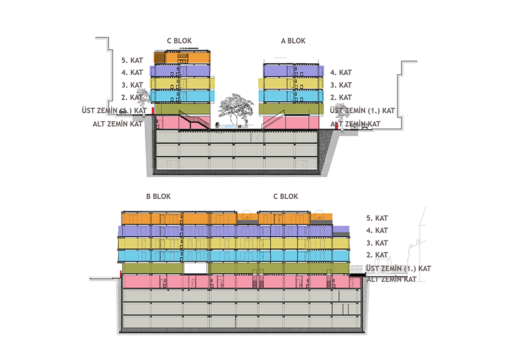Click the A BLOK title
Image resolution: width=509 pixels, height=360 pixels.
[293, 41]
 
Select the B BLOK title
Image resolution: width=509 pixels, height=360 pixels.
[158, 196]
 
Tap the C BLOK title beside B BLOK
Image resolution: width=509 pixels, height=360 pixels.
[286, 196]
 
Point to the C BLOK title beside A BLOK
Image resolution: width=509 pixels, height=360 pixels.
[179, 41]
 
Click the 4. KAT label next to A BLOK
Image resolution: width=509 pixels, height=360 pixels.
[341, 72]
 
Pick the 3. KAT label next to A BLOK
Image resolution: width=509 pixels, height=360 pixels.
[341, 85]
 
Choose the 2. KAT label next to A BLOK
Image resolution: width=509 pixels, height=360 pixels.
[341, 97]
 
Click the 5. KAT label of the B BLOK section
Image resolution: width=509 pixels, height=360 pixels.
[377, 218]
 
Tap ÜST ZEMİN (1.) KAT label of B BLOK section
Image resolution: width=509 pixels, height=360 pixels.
[398, 269]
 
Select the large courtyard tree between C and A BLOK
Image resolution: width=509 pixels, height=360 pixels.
[236, 109]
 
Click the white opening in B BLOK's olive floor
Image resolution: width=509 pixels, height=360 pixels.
[195, 268]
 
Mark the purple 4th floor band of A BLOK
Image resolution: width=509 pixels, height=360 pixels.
[294, 71]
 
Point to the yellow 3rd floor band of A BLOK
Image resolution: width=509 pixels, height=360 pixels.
[291, 83]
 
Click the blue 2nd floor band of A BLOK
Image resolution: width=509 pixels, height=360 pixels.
[291, 96]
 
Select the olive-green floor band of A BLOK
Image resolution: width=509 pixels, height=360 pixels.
[291, 109]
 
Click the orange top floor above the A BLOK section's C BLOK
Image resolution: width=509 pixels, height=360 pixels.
[182, 58]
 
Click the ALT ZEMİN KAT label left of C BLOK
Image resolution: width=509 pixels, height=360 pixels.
[118, 124]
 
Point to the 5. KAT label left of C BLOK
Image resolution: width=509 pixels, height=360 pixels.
[132, 61]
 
